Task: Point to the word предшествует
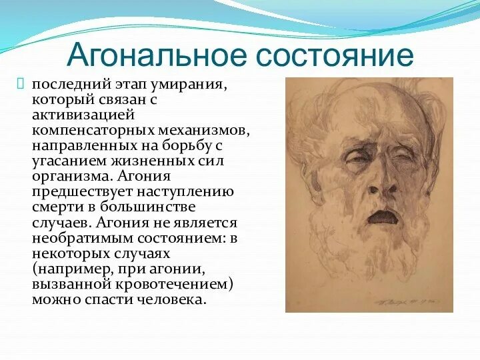[x=82, y=192]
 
